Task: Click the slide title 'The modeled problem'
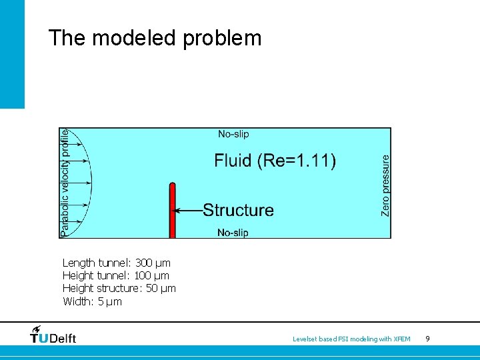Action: point(155,38)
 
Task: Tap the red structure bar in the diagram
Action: point(172,213)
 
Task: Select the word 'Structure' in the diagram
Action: point(238,211)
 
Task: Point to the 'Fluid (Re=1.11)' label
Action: point(275,161)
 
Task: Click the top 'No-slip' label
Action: point(233,135)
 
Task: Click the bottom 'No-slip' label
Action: point(233,233)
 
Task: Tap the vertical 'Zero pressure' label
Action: point(385,185)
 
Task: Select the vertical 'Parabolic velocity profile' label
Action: point(65,183)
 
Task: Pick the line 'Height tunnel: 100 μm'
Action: point(115,275)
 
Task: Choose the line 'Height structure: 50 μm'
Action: point(119,288)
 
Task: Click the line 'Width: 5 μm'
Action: point(92,301)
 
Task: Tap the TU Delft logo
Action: point(53,335)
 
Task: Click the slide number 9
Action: point(427,339)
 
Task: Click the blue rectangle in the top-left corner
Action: point(12,53)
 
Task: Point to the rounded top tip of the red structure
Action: point(172,186)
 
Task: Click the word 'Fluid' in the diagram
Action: point(233,161)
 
